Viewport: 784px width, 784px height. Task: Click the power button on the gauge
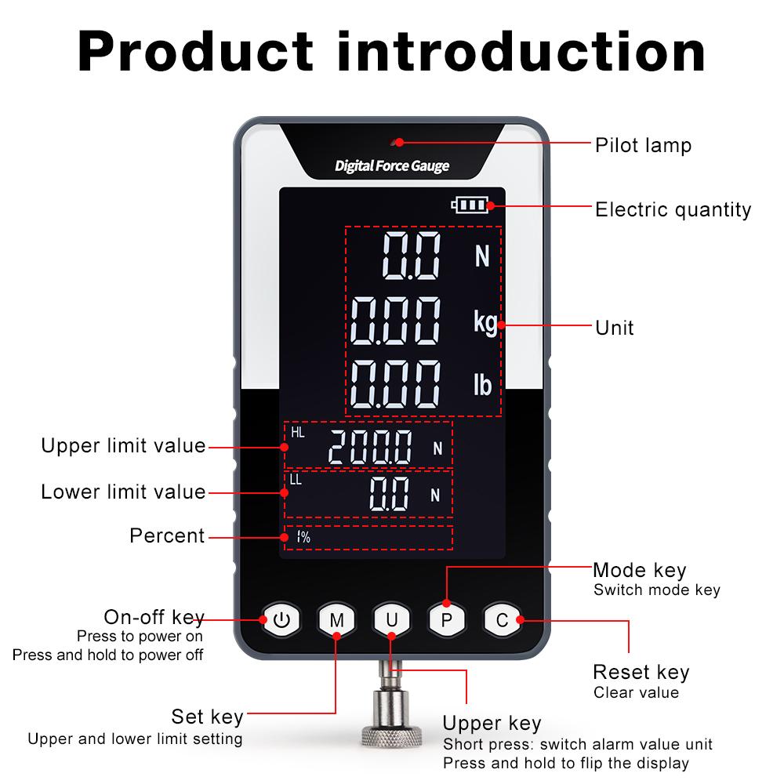tap(281, 620)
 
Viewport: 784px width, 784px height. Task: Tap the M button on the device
tap(336, 620)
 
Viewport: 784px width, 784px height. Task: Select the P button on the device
tap(447, 620)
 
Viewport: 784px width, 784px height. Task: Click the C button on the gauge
tap(502, 620)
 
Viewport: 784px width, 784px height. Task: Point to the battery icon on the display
tap(469, 205)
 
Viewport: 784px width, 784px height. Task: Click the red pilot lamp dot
tap(399, 142)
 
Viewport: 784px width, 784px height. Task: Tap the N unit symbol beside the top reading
tap(482, 256)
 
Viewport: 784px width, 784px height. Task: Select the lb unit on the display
tap(482, 385)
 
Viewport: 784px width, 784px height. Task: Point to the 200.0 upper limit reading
tap(370, 448)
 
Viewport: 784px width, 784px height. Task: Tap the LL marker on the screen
tap(296, 480)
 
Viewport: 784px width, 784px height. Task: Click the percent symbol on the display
tap(303, 537)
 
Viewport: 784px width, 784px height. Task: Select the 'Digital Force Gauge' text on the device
tap(392, 166)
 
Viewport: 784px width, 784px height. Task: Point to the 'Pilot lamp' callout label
tap(643, 145)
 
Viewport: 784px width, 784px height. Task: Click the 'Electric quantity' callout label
tap(673, 209)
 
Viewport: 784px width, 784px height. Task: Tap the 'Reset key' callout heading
tap(641, 672)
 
